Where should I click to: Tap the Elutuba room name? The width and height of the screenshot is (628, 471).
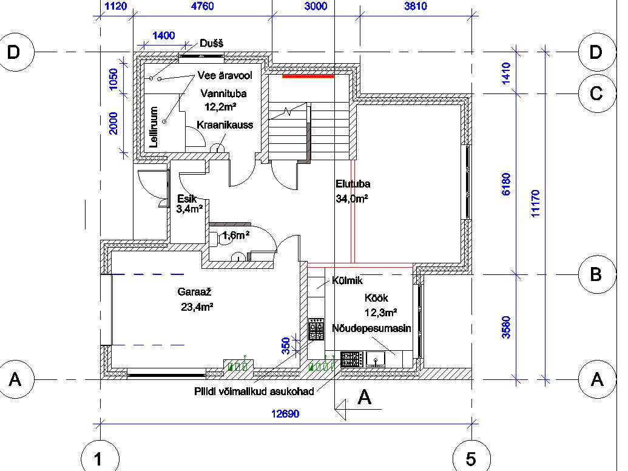[x=353, y=184]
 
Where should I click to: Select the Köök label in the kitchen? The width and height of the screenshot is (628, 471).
[x=376, y=298]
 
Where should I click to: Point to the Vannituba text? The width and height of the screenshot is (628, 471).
[x=223, y=93]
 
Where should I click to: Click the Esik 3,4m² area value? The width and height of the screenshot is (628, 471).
[x=189, y=209]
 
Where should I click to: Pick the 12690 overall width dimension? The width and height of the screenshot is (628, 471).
[x=285, y=413]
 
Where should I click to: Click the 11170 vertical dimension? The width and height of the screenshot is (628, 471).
[x=536, y=203]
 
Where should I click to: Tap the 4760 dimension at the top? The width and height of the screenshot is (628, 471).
[x=202, y=6]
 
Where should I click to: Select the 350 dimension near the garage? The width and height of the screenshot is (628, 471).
[x=286, y=346]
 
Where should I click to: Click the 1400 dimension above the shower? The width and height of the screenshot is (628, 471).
[x=163, y=36]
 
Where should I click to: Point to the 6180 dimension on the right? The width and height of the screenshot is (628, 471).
[x=506, y=185]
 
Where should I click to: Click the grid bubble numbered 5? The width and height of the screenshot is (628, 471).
[x=471, y=458]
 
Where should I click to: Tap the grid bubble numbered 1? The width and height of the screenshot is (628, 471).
[x=100, y=458]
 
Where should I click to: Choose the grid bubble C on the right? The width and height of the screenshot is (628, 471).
[x=597, y=93]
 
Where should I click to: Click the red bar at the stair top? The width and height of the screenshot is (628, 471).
[x=308, y=76]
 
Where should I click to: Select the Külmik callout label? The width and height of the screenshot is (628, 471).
[x=347, y=280]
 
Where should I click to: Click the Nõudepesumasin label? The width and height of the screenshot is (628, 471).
[x=371, y=328]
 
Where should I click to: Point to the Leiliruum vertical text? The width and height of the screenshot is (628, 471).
[x=154, y=127]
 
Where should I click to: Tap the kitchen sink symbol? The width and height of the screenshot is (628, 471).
[x=375, y=359]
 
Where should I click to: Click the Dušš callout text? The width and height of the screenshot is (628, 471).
[x=212, y=43]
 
